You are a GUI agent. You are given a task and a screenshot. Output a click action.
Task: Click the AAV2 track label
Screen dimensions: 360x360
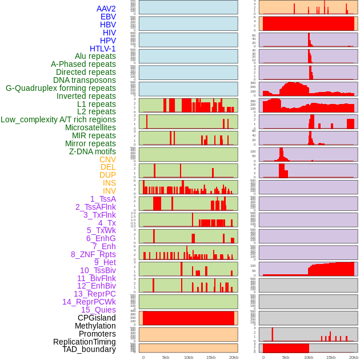click(106, 9)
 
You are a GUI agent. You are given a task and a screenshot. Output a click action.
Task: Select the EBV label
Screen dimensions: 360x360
click(108, 17)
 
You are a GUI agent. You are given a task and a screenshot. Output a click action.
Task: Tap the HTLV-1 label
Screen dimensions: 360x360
click(103, 49)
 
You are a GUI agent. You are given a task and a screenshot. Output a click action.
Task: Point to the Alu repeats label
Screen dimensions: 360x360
click(95, 56)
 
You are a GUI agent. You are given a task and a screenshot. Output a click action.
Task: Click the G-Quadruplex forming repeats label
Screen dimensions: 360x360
click(61, 88)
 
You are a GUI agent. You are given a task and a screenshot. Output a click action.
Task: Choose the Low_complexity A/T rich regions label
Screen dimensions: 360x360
click(58, 119)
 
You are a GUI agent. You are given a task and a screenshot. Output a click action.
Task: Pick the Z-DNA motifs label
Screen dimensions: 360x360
click(93, 151)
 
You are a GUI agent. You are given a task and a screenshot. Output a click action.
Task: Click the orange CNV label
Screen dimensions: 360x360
click(107, 159)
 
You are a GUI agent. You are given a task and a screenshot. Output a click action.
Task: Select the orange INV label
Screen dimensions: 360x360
click(109, 191)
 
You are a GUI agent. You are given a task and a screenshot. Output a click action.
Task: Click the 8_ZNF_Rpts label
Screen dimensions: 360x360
click(93, 254)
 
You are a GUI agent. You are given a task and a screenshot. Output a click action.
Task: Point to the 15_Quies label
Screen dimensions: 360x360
click(98, 310)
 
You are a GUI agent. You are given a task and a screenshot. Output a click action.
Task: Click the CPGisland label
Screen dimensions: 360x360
click(97, 318)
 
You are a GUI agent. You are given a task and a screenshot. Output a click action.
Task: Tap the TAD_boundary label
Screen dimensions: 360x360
click(89, 349)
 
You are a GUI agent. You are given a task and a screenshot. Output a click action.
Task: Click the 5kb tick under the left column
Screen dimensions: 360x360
click(166, 357)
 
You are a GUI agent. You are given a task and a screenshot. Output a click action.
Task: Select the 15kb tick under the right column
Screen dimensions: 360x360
click(331, 357)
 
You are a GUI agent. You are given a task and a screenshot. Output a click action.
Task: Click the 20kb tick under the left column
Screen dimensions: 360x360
click(233, 357)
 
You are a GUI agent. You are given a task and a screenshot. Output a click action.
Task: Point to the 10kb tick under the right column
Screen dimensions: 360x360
click(309, 357)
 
